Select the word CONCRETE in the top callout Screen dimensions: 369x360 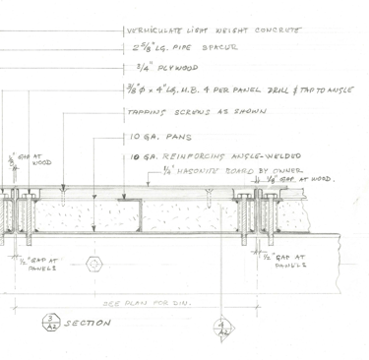(277, 29)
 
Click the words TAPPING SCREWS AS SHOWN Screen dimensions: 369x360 (180, 112)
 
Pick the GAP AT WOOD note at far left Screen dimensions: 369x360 (19, 159)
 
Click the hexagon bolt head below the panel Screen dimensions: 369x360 (95, 264)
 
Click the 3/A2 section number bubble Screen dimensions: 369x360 (50, 322)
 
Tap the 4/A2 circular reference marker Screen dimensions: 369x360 (223, 330)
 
